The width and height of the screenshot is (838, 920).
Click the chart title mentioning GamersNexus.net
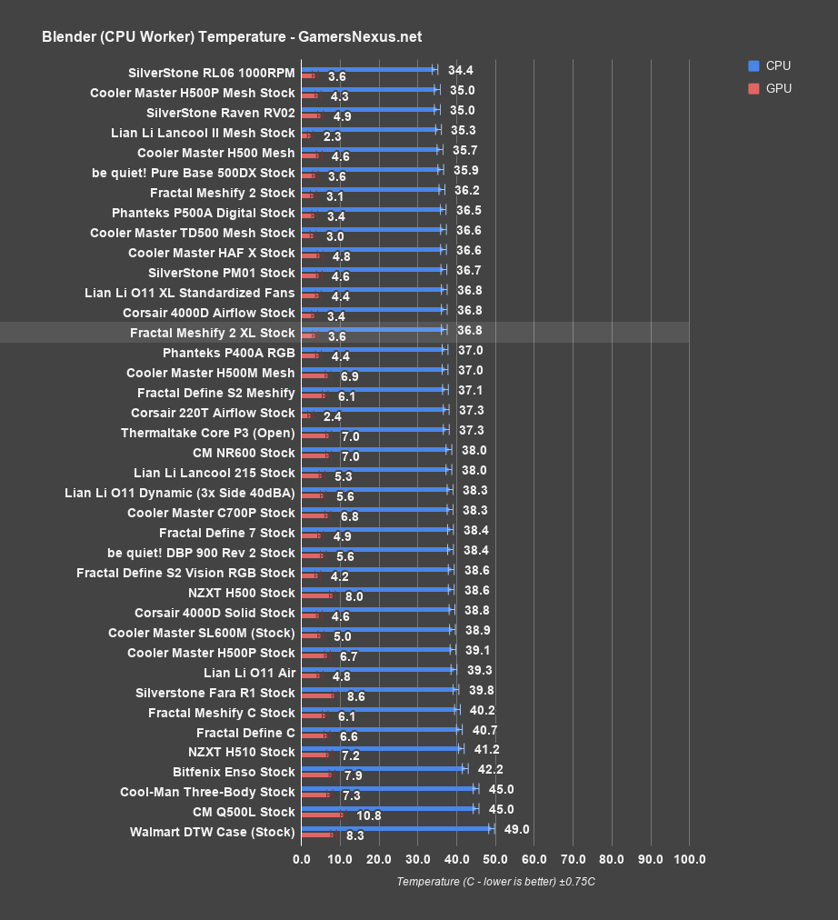pos(231,36)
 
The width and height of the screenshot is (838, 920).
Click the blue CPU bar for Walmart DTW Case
pos(395,828)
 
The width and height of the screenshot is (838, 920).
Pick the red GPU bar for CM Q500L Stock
pos(322,815)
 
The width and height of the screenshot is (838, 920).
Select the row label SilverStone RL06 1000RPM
pos(212,73)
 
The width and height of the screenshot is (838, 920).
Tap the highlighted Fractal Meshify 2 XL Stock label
pos(212,333)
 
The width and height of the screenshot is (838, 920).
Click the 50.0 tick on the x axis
pos(495,859)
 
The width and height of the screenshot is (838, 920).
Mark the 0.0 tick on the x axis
pos(302,859)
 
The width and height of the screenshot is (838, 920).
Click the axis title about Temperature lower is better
pos(495,882)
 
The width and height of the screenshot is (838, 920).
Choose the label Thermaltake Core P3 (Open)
pos(207,433)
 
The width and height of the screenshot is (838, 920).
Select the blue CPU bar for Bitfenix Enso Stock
pos(383,768)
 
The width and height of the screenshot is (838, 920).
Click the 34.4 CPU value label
pos(461,70)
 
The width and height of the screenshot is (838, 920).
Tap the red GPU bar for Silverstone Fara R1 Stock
pos(318,696)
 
